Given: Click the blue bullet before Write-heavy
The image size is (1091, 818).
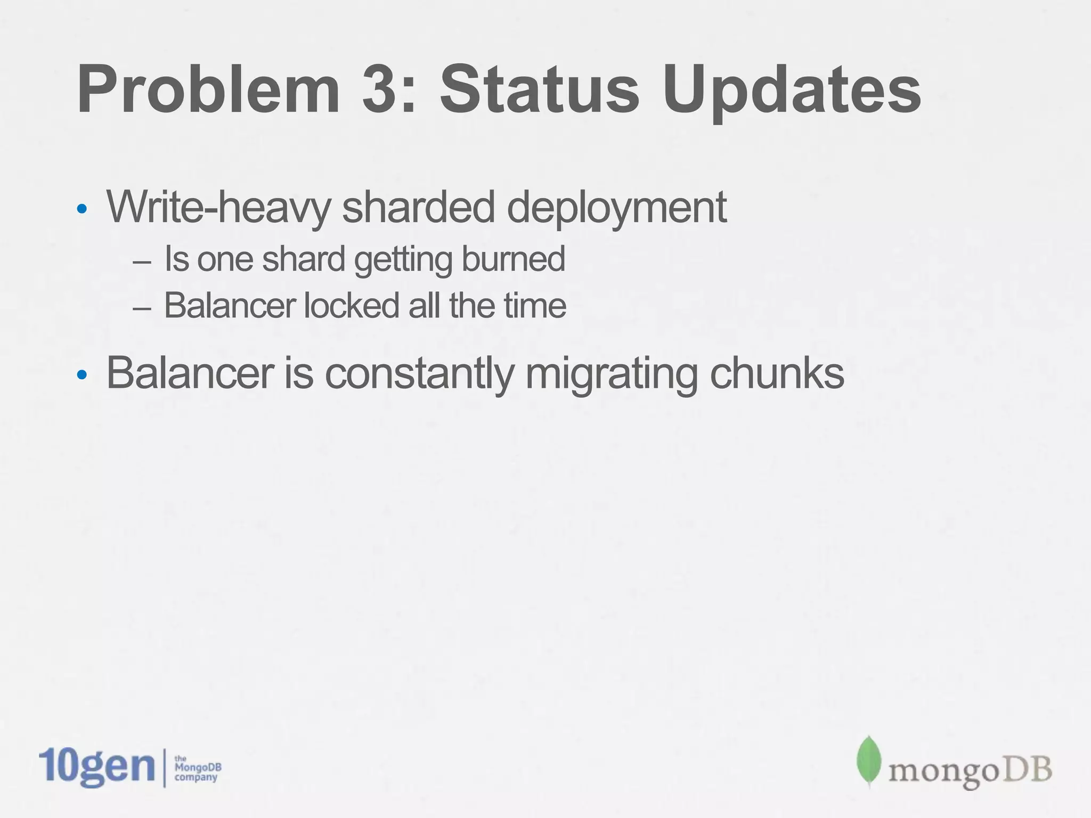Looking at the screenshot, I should (82, 209).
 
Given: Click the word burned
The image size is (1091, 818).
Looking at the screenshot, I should (513, 259).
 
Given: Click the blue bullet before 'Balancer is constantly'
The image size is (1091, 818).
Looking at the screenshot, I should (82, 375).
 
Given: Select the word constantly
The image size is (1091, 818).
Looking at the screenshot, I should (419, 374).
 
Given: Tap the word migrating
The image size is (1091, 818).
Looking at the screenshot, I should (612, 375).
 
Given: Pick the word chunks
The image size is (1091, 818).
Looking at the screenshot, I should (777, 374).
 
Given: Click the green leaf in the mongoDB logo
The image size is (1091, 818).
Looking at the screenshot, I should (868, 760).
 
